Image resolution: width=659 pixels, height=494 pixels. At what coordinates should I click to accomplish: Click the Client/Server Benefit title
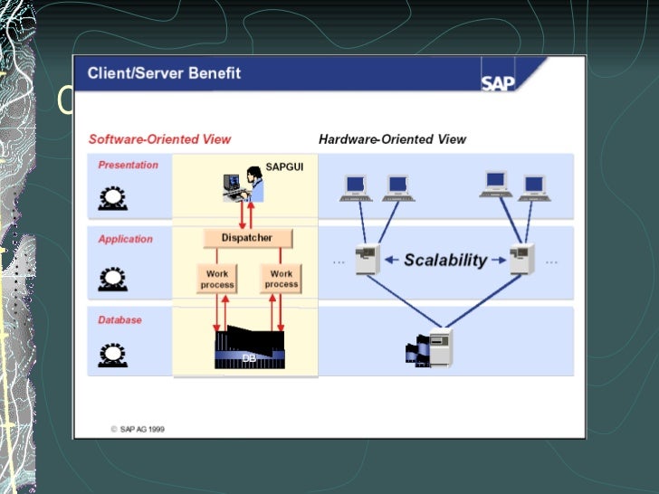point(164,72)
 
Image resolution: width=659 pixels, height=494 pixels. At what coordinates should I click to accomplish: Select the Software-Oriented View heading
point(159,139)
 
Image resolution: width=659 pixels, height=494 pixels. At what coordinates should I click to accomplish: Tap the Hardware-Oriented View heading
point(392,139)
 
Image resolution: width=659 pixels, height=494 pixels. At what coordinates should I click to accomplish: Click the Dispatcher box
point(246,238)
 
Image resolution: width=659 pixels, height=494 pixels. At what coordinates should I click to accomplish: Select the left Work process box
point(217,278)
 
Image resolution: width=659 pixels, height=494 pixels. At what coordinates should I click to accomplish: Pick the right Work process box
point(281,278)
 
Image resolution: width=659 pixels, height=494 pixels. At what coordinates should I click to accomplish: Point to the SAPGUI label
point(281,166)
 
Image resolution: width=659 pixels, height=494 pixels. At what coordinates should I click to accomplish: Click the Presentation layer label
point(128,165)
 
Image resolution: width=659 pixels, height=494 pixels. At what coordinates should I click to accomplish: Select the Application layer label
point(125,239)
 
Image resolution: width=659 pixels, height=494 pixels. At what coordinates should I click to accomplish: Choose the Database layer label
point(119,319)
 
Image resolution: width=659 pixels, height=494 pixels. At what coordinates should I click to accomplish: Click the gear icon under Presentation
point(111,198)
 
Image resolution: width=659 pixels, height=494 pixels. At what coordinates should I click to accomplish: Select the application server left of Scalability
point(368,261)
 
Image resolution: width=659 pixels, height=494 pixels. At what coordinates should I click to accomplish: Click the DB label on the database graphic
point(249,359)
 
